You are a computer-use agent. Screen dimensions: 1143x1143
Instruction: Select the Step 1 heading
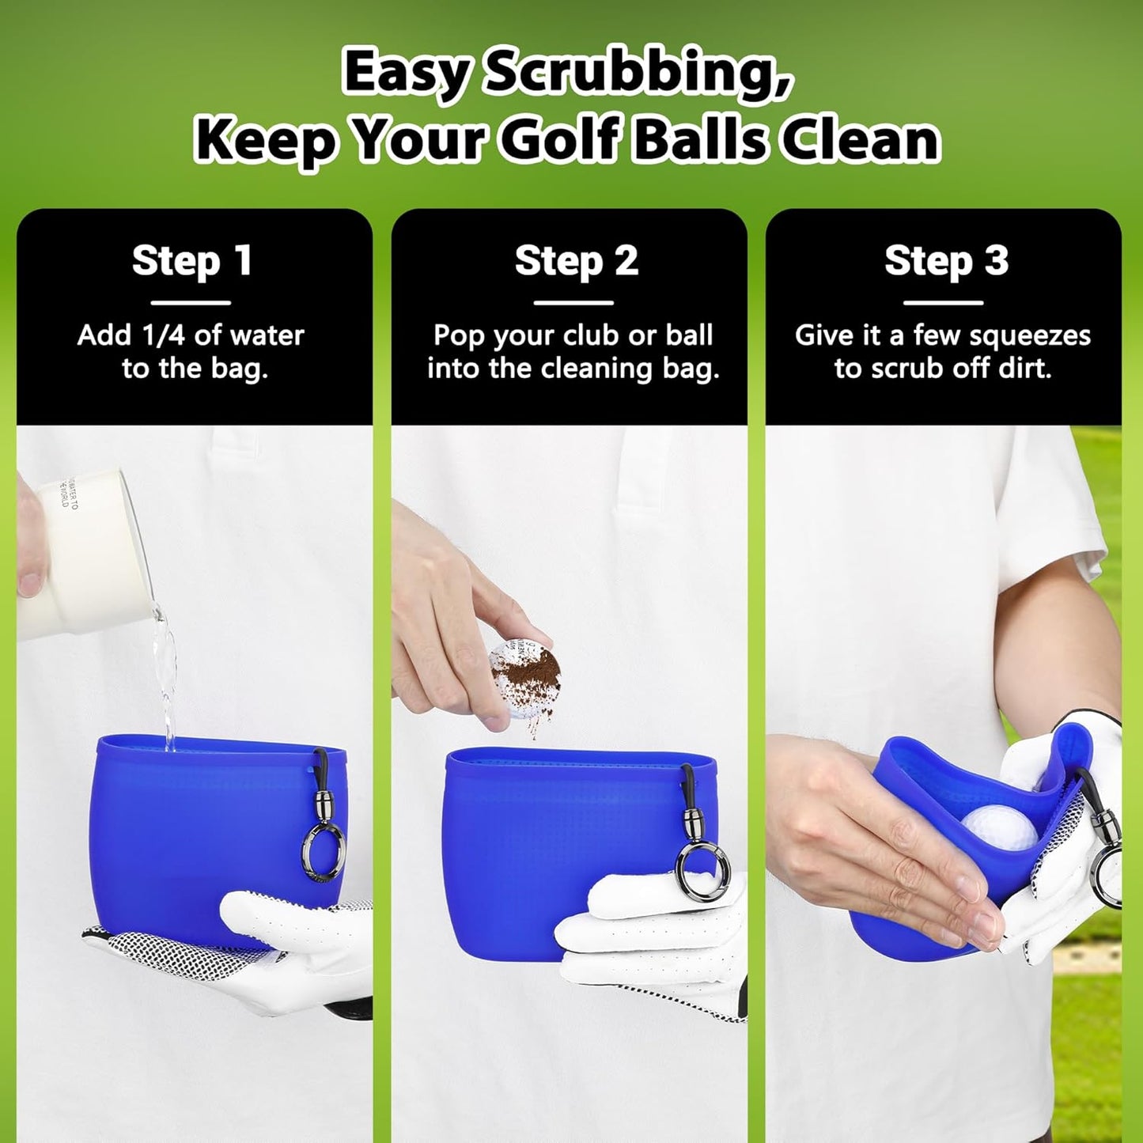tap(192, 260)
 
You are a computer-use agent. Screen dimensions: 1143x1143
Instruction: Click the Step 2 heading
tap(576, 260)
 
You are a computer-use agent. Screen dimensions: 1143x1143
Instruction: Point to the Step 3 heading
tap(946, 260)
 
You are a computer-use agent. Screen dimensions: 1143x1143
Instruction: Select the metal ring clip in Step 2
tap(698, 870)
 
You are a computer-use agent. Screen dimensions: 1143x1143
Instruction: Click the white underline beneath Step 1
tap(191, 302)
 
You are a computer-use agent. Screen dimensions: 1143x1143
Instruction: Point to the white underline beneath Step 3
tap(943, 302)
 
